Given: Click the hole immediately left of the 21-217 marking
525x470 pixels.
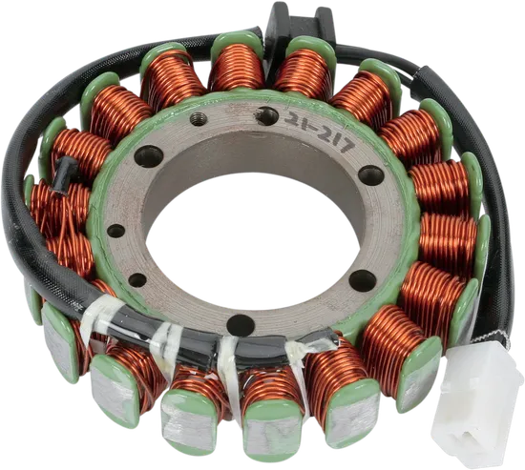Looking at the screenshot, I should (267, 115).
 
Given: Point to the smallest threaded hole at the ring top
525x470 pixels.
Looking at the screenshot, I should (199, 119).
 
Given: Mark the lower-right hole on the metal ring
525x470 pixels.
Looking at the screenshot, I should (364, 279).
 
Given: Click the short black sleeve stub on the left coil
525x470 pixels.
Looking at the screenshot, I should (67, 171).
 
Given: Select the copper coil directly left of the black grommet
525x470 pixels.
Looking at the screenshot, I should (236, 67).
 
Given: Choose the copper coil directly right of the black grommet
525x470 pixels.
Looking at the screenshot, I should (303, 71).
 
